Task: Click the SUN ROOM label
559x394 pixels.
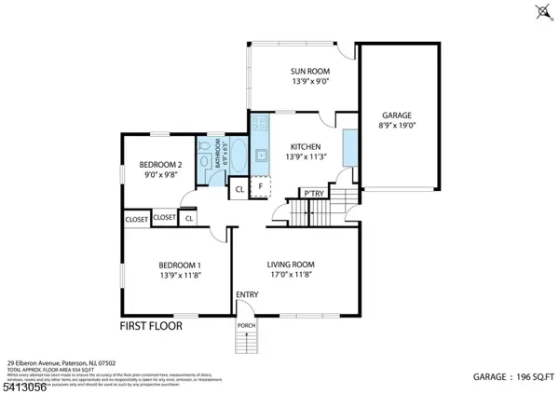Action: pyautogui.click(x=307, y=71)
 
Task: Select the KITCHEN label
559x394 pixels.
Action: pyautogui.click(x=306, y=146)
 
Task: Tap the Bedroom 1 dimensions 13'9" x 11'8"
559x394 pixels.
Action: pyautogui.click(x=180, y=275)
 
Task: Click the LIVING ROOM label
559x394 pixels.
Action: pyautogui.click(x=291, y=264)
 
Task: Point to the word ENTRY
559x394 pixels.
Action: pyautogui.click(x=247, y=295)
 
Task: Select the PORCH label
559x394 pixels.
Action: pyautogui.click(x=247, y=325)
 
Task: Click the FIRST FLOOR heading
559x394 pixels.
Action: pyautogui.click(x=151, y=327)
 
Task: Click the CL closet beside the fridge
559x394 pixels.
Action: pyautogui.click(x=239, y=187)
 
